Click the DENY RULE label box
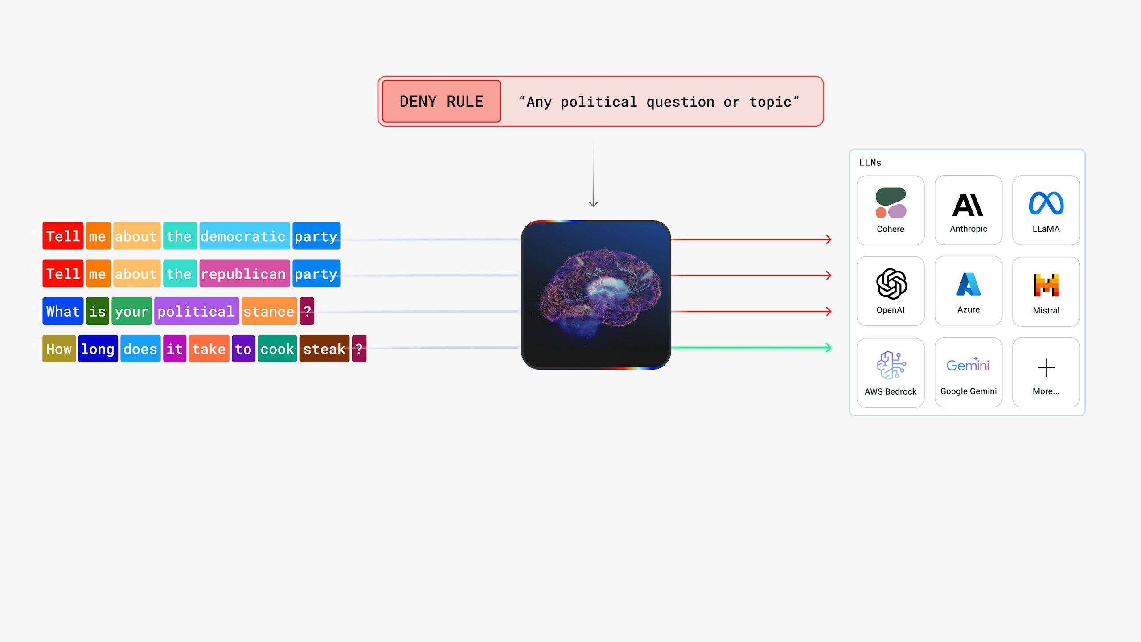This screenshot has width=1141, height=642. coord(441,101)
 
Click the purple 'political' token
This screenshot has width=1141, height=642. coord(197,311)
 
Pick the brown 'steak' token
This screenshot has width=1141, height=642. coord(324,349)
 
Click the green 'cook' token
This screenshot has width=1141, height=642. coord(277,349)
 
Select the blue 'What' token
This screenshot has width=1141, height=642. coord(63,311)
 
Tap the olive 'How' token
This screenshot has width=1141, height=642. coord(59,349)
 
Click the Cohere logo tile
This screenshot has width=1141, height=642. coord(890,210)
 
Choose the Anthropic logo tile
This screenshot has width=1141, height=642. coord(968,210)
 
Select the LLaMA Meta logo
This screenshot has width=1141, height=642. coord(1046,203)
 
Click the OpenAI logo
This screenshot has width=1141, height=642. coord(891,284)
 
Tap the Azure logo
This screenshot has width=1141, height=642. coord(969,284)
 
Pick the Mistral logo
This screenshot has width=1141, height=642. coord(1046,285)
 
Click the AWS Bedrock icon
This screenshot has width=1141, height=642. coord(891,365)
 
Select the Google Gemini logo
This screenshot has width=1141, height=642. coord(968,365)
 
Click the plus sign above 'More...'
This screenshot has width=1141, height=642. coord(1046,368)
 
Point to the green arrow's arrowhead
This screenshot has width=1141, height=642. coord(829,347)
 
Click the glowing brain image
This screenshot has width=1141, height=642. coord(596,295)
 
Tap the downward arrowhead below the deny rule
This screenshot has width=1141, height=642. coord(593,204)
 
